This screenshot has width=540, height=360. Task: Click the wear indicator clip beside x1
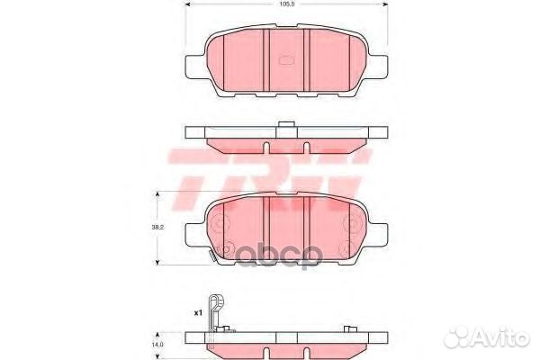pyautogui.click(x=214, y=315)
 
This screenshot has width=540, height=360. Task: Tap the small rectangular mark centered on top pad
pyautogui.click(x=289, y=61)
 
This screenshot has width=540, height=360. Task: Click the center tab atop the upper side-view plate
pyautogui.click(x=285, y=125)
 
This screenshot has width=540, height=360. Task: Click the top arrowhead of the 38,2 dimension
pyautogui.click(x=159, y=194)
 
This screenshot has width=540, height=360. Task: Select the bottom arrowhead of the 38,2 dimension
pyautogui.click(x=159, y=261)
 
